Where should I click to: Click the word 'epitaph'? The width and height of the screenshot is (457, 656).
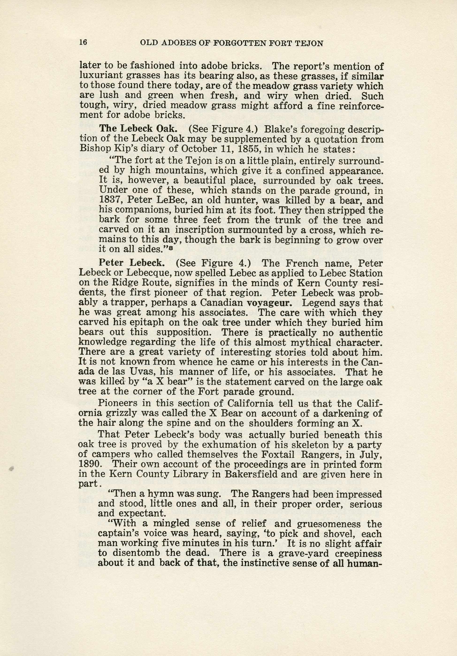[x=148, y=322]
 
